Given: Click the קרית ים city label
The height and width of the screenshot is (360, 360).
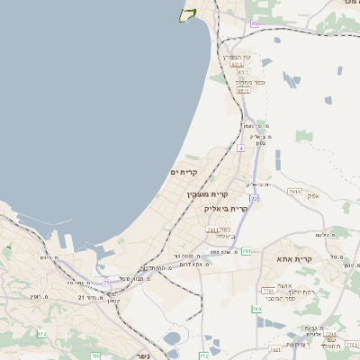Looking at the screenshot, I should click(183, 172).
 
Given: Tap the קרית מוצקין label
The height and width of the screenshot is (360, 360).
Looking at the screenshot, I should click(208, 194).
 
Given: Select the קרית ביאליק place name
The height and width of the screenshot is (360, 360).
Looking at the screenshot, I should click(224, 207).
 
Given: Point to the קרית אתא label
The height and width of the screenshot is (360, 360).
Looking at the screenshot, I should click(315, 259).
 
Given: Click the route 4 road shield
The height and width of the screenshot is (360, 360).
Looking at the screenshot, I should click(241, 148).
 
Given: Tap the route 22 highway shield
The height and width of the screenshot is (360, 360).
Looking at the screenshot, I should click(255, 198).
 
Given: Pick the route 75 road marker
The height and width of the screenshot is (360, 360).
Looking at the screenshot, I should click(107, 283).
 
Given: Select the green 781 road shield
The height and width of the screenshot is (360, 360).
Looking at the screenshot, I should click(245, 251).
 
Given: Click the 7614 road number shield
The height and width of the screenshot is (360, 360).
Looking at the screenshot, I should click(295, 192).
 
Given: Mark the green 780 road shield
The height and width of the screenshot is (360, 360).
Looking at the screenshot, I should click(257, 309).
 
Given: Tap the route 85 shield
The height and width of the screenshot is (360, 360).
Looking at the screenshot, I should click(255, 23).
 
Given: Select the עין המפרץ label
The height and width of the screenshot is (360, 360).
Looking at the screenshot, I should click(238, 56).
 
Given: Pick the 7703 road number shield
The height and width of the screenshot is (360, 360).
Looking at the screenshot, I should click(267, 291).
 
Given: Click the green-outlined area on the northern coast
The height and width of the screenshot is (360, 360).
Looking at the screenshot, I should click(188, 13).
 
